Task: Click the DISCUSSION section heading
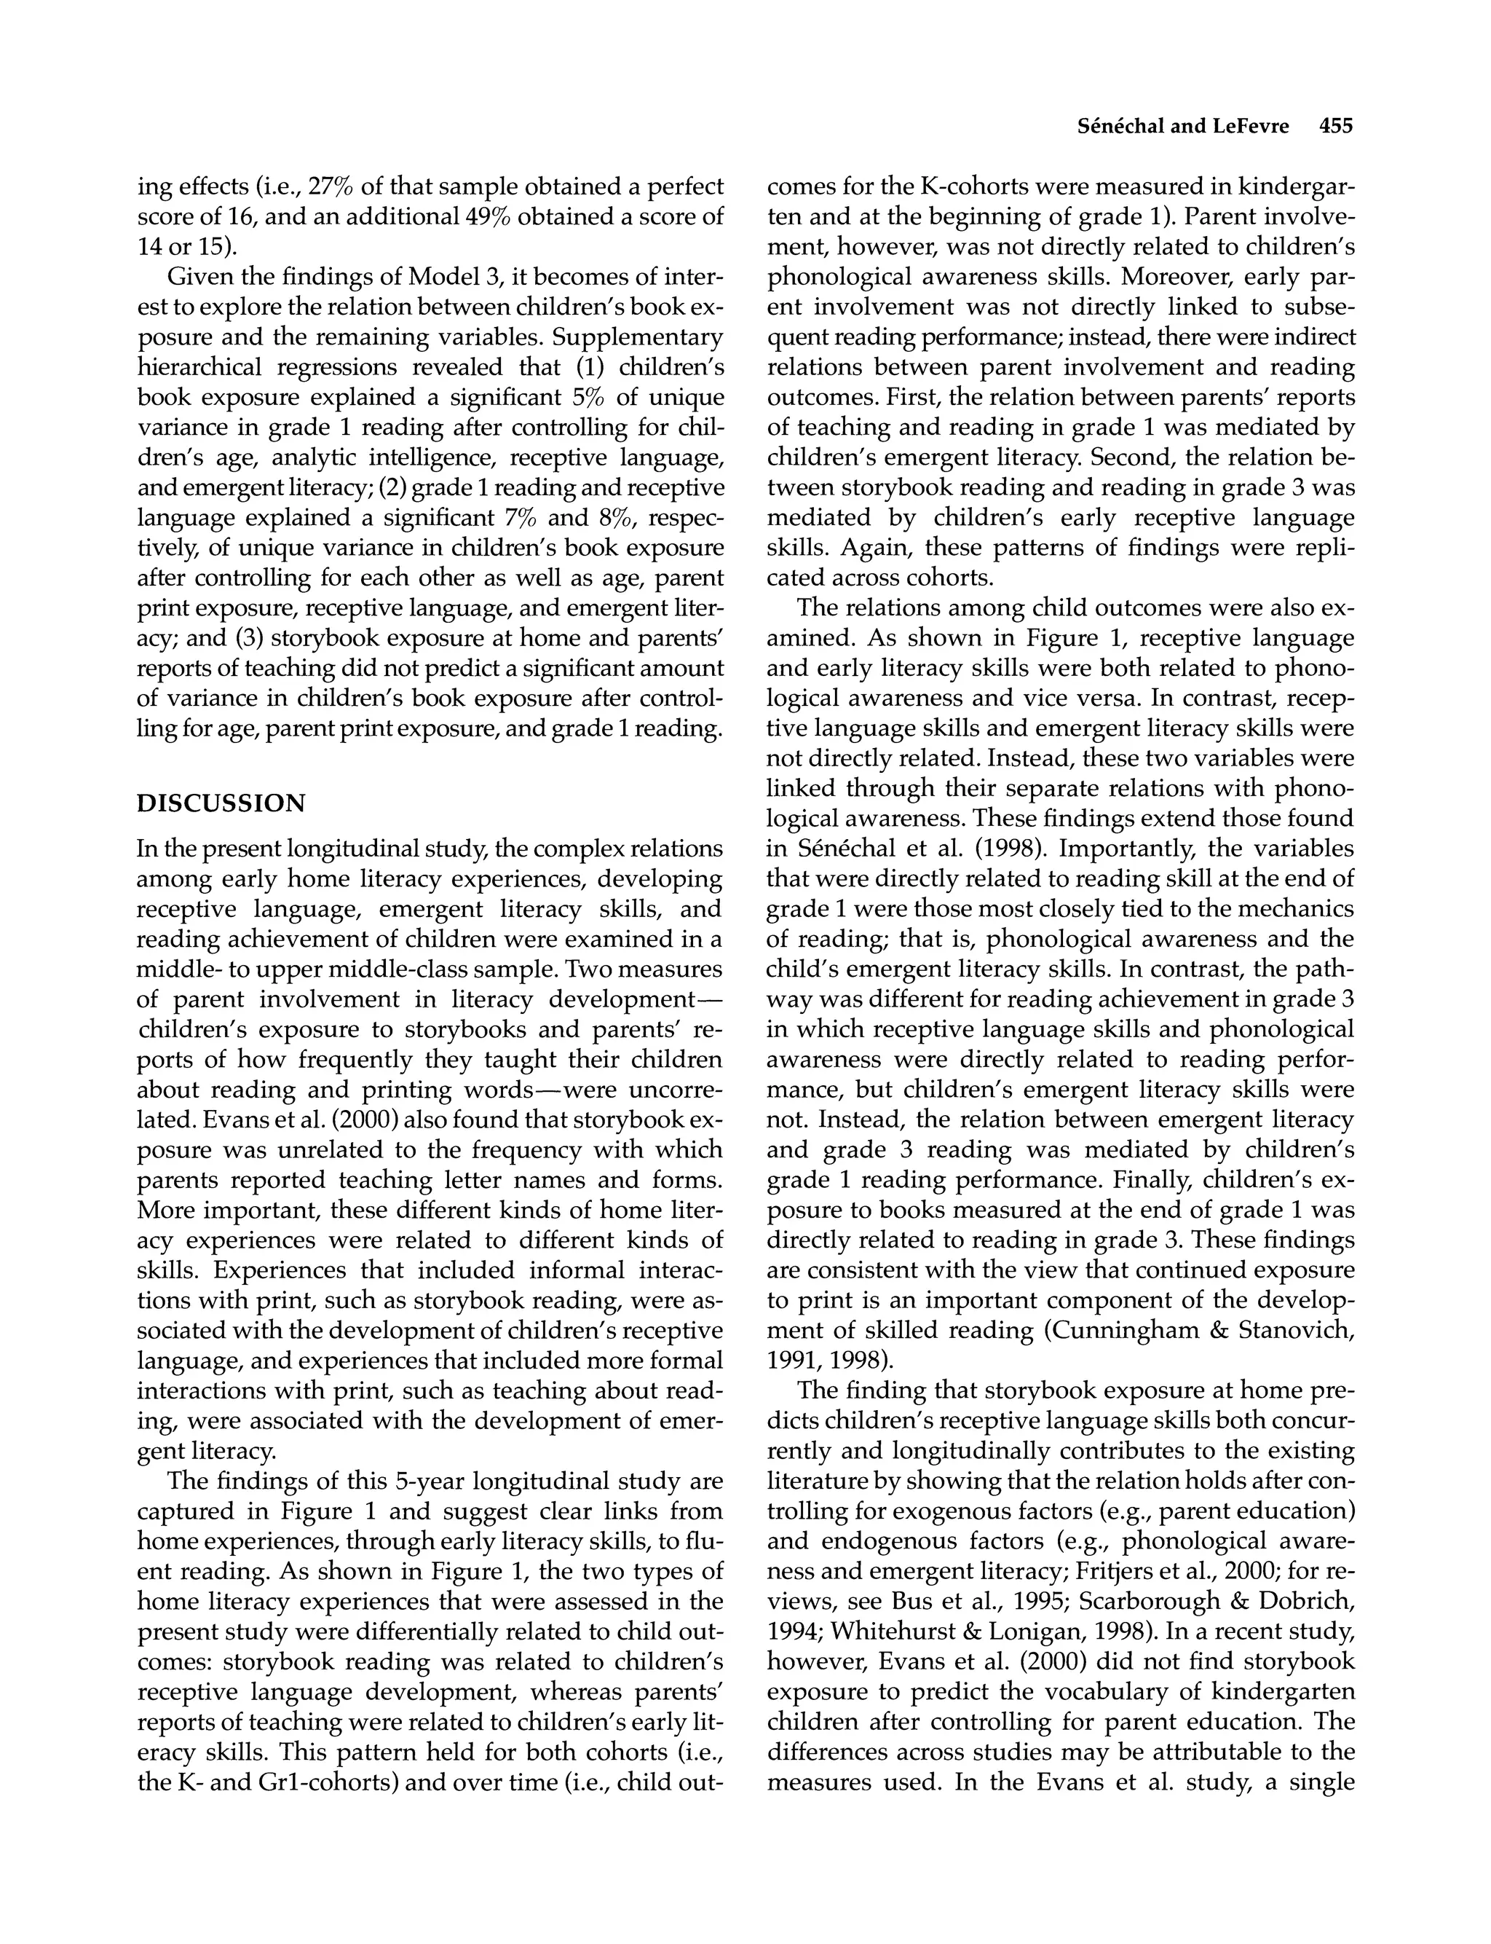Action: [x=221, y=803]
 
